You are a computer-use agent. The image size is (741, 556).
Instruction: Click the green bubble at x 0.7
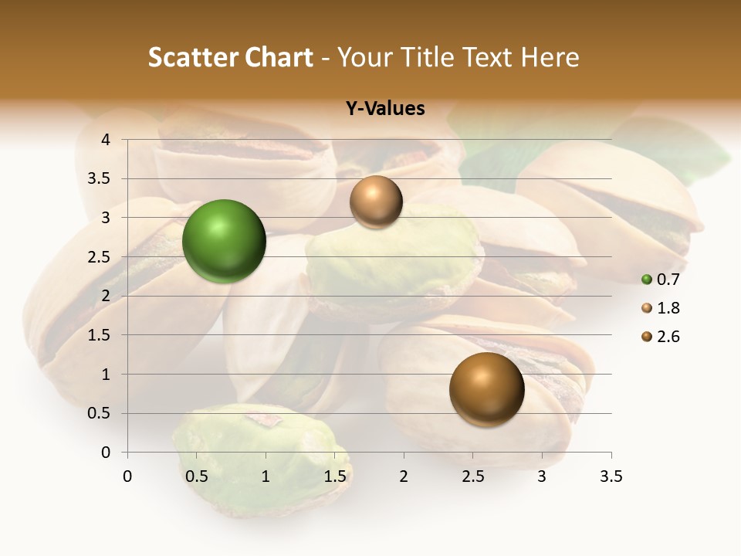[x=224, y=241]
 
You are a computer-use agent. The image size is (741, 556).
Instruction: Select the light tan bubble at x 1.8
[x=376, y=202]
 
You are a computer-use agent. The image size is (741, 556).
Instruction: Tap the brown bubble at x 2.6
[x=486, y=389]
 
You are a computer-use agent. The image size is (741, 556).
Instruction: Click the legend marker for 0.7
[x=647, y=280]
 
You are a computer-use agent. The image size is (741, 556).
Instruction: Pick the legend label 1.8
[x=668, y=308]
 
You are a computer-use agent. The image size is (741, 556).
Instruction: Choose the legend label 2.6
[x=668, y=337]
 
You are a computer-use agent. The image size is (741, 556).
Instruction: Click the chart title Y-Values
[x=384, y=109]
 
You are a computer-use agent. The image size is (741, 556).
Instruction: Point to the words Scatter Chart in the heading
[x=230, y=57]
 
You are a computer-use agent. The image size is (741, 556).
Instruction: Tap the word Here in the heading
[x=550, y=57]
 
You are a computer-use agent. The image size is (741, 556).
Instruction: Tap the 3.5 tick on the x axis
[x=611, y=476]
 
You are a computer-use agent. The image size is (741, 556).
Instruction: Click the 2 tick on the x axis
[x=404, y=476]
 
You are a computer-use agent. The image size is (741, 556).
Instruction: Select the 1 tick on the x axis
[x=266, y=476]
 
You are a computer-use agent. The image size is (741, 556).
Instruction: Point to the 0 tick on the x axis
[x=127, y=476]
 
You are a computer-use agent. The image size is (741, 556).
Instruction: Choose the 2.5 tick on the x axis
[x=472, y=476]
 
